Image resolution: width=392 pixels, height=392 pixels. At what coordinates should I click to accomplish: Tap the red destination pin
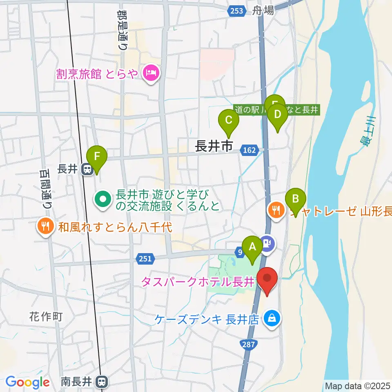[267, 280]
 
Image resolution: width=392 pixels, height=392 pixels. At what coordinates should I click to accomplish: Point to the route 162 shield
[250, 150]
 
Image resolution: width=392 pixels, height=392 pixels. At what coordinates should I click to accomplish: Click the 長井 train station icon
[87, 169]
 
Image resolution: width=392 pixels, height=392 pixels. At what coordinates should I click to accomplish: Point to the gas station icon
[267, 244]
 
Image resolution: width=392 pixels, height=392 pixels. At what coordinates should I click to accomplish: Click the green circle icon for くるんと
[102, 200]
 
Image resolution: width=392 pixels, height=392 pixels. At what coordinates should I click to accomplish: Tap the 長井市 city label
[214, 146]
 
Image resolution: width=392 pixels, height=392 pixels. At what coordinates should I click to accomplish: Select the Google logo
[27, 382]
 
